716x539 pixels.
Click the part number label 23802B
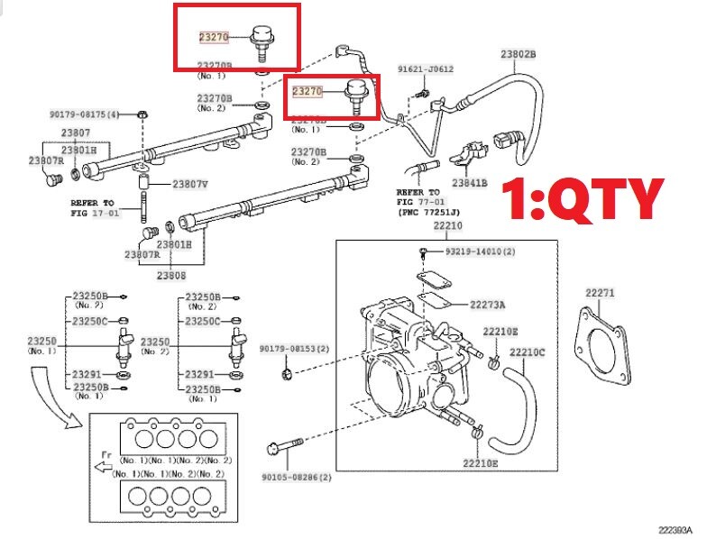[519, 54]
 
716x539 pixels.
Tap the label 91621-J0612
[426, 69]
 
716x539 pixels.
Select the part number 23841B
[469, 183]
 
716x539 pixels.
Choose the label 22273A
[488, 305]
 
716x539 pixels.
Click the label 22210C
[528, 352]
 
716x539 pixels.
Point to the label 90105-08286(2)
[297, 477]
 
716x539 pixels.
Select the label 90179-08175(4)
[84, 114]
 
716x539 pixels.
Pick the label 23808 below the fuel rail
[171, 275]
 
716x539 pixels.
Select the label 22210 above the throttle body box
[448, 225]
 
